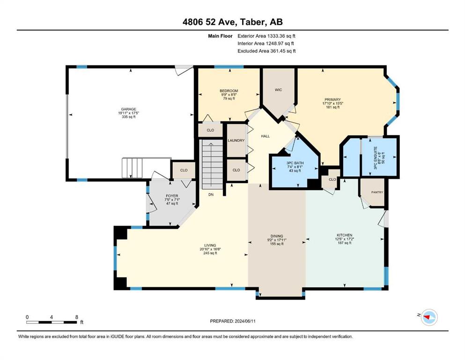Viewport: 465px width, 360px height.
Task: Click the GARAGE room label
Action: pos(128,109)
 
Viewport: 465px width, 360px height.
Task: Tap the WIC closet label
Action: pos(278,90)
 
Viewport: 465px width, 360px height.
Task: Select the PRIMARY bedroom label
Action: pos(332,99)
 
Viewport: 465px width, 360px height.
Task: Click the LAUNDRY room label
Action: pos(236,140)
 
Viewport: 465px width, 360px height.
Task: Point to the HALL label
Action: pos(266,136)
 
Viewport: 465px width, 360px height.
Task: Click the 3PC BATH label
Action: pos(295,163)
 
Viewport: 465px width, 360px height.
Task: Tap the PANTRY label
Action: pos(377,192)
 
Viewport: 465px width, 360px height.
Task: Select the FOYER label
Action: pos(172,196)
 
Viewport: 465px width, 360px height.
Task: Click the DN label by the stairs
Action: pos(211,195)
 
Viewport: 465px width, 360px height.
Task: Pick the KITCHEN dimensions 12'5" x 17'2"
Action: pos(345,239)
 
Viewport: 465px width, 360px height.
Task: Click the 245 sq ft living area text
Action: pos(210,253)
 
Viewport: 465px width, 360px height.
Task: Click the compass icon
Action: pos(429,317)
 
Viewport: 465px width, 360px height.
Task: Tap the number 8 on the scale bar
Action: pos(77,317)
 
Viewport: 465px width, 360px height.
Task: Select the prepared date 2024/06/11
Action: pos(245,321)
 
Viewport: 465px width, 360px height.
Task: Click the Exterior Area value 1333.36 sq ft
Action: pos(281,36)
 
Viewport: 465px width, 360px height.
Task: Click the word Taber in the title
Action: pos(252,22)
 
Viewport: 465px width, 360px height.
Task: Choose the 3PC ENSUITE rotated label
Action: pos(375,158)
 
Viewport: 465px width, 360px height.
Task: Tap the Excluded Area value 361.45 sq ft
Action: pos(283,51)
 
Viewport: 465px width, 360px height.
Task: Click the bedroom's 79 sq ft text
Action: pos(229,98)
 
